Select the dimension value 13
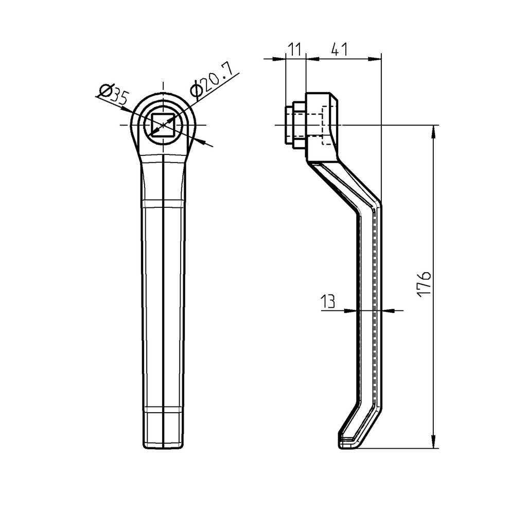click(x=327, y=301)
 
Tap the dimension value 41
click(x=340, y=50)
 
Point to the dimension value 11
click(x=294, y=50)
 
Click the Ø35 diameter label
click(x=113, y=96)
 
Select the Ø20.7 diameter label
click(x=214, y=81)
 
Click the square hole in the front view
click(x=164, y=125)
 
